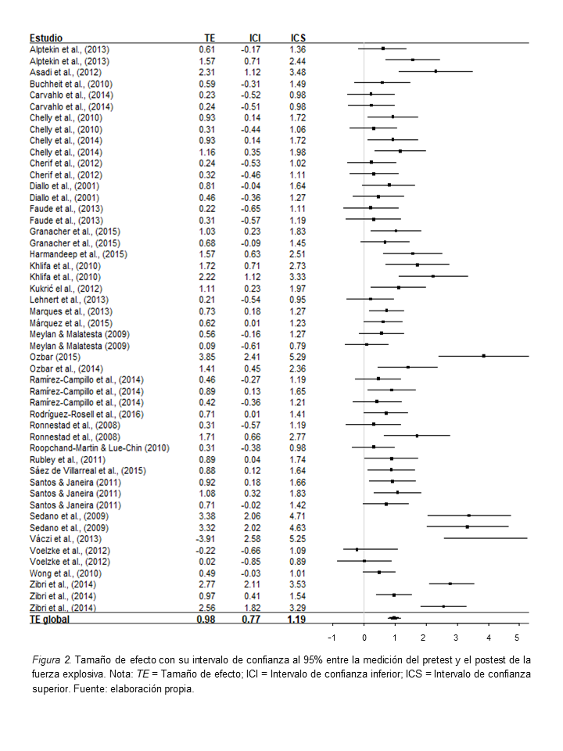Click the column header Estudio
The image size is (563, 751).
46,38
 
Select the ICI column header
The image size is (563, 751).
255,38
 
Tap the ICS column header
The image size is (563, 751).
297,38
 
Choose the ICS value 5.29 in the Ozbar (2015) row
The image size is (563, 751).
298,356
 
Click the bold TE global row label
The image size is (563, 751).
49,620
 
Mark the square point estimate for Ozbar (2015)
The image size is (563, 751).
484,356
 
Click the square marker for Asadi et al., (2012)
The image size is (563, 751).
436,71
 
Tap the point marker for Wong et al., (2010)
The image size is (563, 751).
379,572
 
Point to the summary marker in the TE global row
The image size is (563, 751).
394,618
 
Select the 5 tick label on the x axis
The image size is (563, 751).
517,636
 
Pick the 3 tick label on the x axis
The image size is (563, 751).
456,636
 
